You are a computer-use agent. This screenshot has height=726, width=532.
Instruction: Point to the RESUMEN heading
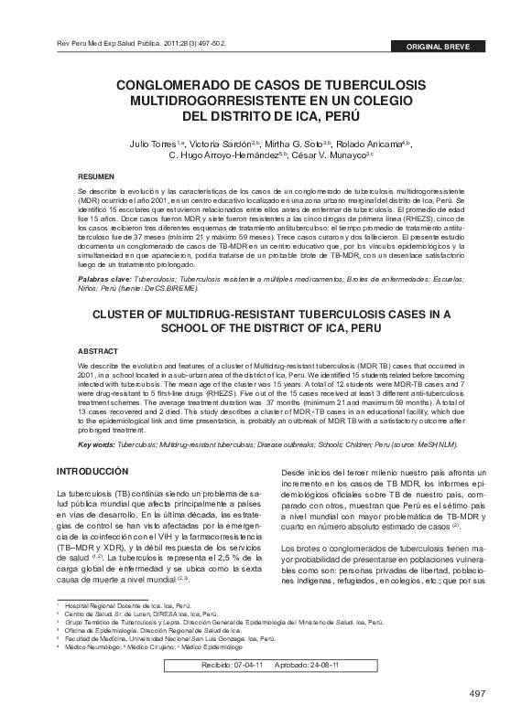[96, 174]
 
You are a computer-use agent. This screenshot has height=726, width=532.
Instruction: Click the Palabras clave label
[103, 276]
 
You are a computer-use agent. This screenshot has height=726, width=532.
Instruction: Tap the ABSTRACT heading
[98, 350]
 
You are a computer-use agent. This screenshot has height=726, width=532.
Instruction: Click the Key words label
[96, 444]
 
